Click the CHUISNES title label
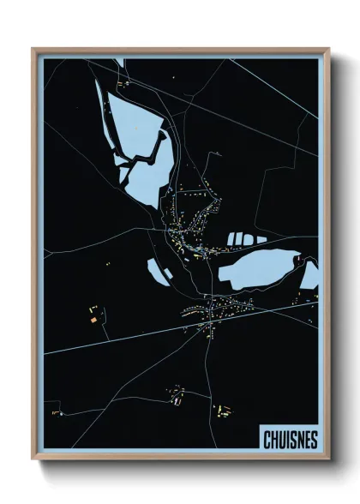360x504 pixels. tap(288, 440)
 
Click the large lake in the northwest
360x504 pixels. tap(137, 129)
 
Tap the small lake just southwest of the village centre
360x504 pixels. tap(159, 272)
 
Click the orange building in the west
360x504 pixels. tap(93, 319)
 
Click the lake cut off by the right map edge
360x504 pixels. tap(310, 276)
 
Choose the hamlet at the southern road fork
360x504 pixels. tap(177, 394)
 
